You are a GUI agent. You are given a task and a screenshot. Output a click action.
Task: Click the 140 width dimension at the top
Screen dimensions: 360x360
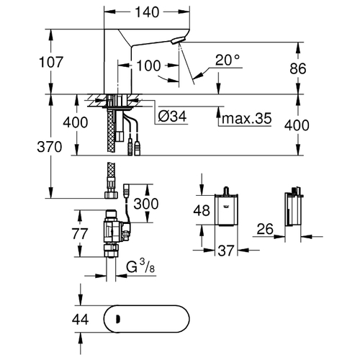[147, 12]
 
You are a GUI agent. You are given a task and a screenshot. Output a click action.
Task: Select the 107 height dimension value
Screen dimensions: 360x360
[51, 62]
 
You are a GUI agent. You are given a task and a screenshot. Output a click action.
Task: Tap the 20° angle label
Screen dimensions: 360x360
[228, 60]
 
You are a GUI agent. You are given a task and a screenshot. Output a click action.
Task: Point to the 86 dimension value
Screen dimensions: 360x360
[298, 68]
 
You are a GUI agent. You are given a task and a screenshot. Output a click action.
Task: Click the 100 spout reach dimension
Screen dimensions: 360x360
[148, 66]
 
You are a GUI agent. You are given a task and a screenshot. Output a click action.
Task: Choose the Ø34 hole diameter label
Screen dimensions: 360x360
[172, 117]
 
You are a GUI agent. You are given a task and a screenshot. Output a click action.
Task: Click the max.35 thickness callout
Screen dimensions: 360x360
[247, 118]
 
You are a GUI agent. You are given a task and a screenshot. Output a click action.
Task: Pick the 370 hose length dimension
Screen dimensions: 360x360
[50, 147]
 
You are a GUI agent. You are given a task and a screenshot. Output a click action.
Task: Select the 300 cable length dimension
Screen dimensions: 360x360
[146, 204]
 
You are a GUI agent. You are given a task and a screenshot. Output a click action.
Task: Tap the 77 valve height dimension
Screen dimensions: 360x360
[80, 233]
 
